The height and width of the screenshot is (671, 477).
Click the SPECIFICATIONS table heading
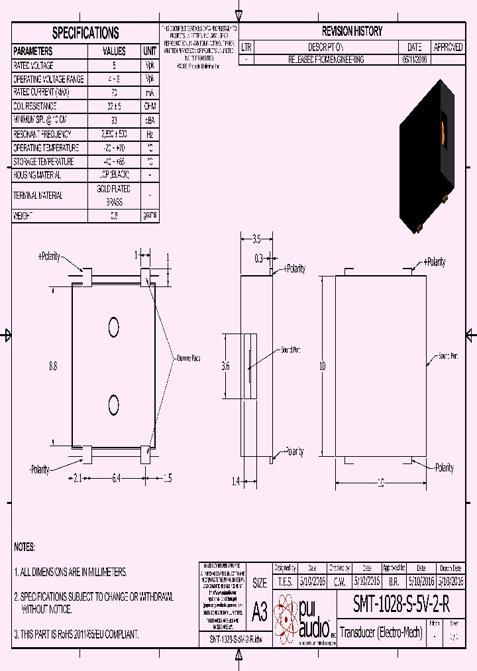tap(85, 33)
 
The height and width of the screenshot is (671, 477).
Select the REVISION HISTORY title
tap(352, 31)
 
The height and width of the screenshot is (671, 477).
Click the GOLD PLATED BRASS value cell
tap(114, 196)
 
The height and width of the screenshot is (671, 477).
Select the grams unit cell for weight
tap(150, 215)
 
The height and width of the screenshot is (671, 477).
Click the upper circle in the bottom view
tap(114, 326)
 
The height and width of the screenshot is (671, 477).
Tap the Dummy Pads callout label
tap(187, 358)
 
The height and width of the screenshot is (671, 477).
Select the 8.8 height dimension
tap(53, 365)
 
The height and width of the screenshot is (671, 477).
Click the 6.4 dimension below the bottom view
tap(117, 477)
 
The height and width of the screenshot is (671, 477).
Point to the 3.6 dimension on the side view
tap(225, 365)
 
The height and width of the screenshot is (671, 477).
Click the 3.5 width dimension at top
tap(258, 239)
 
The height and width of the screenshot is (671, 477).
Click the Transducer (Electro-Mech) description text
tap(382, 631)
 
